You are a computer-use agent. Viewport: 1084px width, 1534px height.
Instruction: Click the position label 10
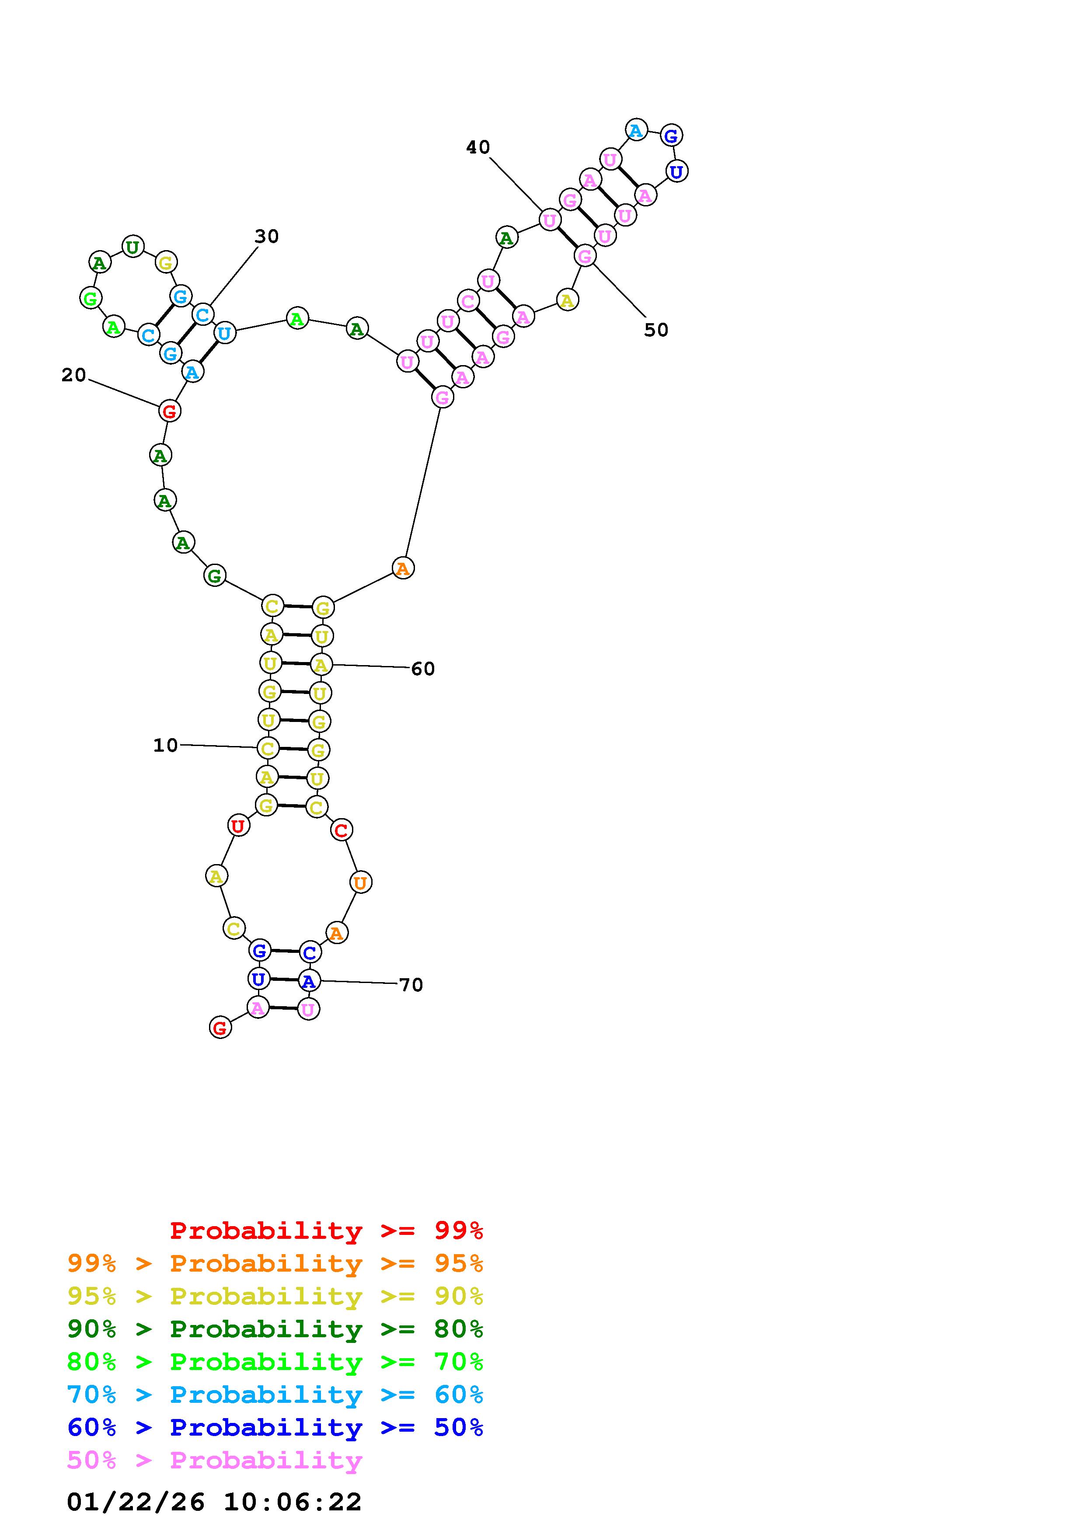pos(166,745)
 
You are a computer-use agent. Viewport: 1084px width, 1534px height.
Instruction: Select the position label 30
pos(266,237)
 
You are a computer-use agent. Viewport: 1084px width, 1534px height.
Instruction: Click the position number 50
pos(656,330)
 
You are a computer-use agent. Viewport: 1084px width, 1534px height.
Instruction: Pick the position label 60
pos(423,669)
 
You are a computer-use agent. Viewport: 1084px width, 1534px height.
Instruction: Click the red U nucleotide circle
pos(238,826)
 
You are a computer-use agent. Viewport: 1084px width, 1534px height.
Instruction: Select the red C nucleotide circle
pos(341,830)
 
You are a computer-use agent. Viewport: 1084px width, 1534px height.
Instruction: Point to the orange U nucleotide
pos(360,882)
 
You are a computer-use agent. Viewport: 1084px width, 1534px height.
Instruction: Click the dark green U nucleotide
pos(133,247)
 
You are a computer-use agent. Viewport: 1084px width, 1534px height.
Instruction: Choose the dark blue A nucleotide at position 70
pos(308,981)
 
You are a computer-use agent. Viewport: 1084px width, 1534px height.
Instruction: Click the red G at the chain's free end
pos(220,1028)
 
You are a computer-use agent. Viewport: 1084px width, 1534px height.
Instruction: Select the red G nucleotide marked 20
pos(170,411)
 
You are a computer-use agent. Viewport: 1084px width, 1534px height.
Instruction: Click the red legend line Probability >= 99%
pos(326,1231)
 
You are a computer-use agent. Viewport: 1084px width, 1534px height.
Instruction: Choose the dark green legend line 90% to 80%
pos(275,1329)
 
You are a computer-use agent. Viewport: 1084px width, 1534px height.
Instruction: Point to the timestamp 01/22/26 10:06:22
pos(214,1502)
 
